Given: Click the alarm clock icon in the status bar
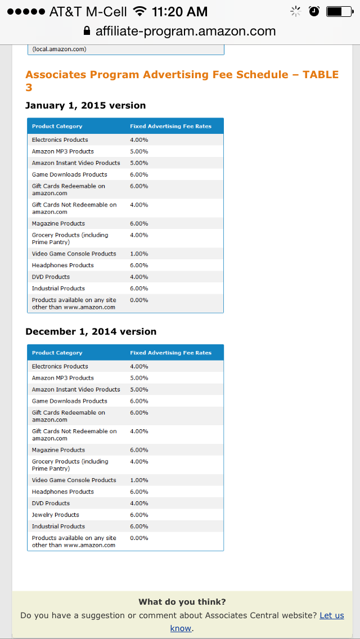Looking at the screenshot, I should point(314,11).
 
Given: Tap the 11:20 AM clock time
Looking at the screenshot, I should point(179,11).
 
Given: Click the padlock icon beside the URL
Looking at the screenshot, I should point(87,31).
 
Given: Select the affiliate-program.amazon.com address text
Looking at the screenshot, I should point(186,31).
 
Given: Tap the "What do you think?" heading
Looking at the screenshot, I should point(182,602).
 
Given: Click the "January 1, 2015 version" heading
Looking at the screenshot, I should point(85,105).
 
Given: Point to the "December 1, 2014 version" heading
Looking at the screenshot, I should point(91,331).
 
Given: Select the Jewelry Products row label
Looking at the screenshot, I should point(56,515).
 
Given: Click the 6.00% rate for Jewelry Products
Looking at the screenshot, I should point(139,515).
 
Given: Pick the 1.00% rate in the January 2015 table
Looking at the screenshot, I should point(139,254).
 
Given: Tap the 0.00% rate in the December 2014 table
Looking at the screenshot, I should point(139,538).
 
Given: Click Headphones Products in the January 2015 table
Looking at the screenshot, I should point(63,265).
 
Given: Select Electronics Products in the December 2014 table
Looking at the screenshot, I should point(60,366).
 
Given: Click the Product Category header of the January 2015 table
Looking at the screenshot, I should point(57,127).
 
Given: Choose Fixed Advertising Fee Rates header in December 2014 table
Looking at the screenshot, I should point(171,353).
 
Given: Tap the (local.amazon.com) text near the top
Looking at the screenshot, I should point(59,49).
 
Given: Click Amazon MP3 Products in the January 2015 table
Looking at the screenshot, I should point(63,151).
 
